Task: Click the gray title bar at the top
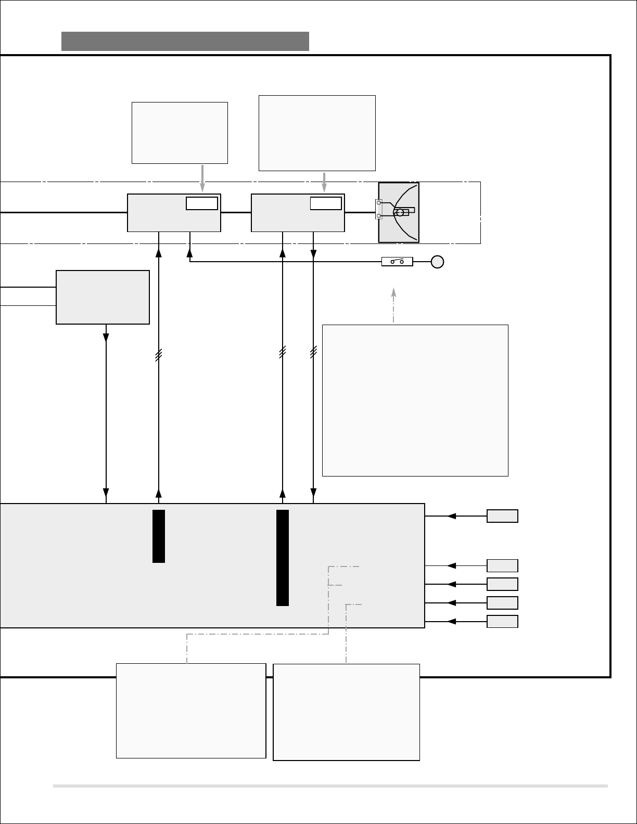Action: (x=185, y=41)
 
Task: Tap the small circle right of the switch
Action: (x=437, y=262)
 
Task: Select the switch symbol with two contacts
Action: (x=397, y=261)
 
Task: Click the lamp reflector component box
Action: (x=399, y=212)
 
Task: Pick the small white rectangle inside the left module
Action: (x=202, y=203)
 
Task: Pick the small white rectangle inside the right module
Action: (x=326, y=203)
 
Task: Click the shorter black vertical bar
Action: (x=159, y=536)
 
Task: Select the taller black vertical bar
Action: (x=283, y=558)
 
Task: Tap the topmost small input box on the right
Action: (x=502, y=516)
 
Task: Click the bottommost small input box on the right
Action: (x=502, y=622)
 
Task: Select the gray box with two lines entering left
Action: (x=103, y=297)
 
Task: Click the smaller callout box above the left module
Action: (x=180, y=133)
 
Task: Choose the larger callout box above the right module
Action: (x=317, y=133)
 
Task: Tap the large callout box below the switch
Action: (x=415, y=400)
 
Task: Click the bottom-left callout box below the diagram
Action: (x=191, y=711)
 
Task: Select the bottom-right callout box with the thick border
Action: (x=346, y=712)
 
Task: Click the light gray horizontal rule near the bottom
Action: (x=330, y=786)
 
